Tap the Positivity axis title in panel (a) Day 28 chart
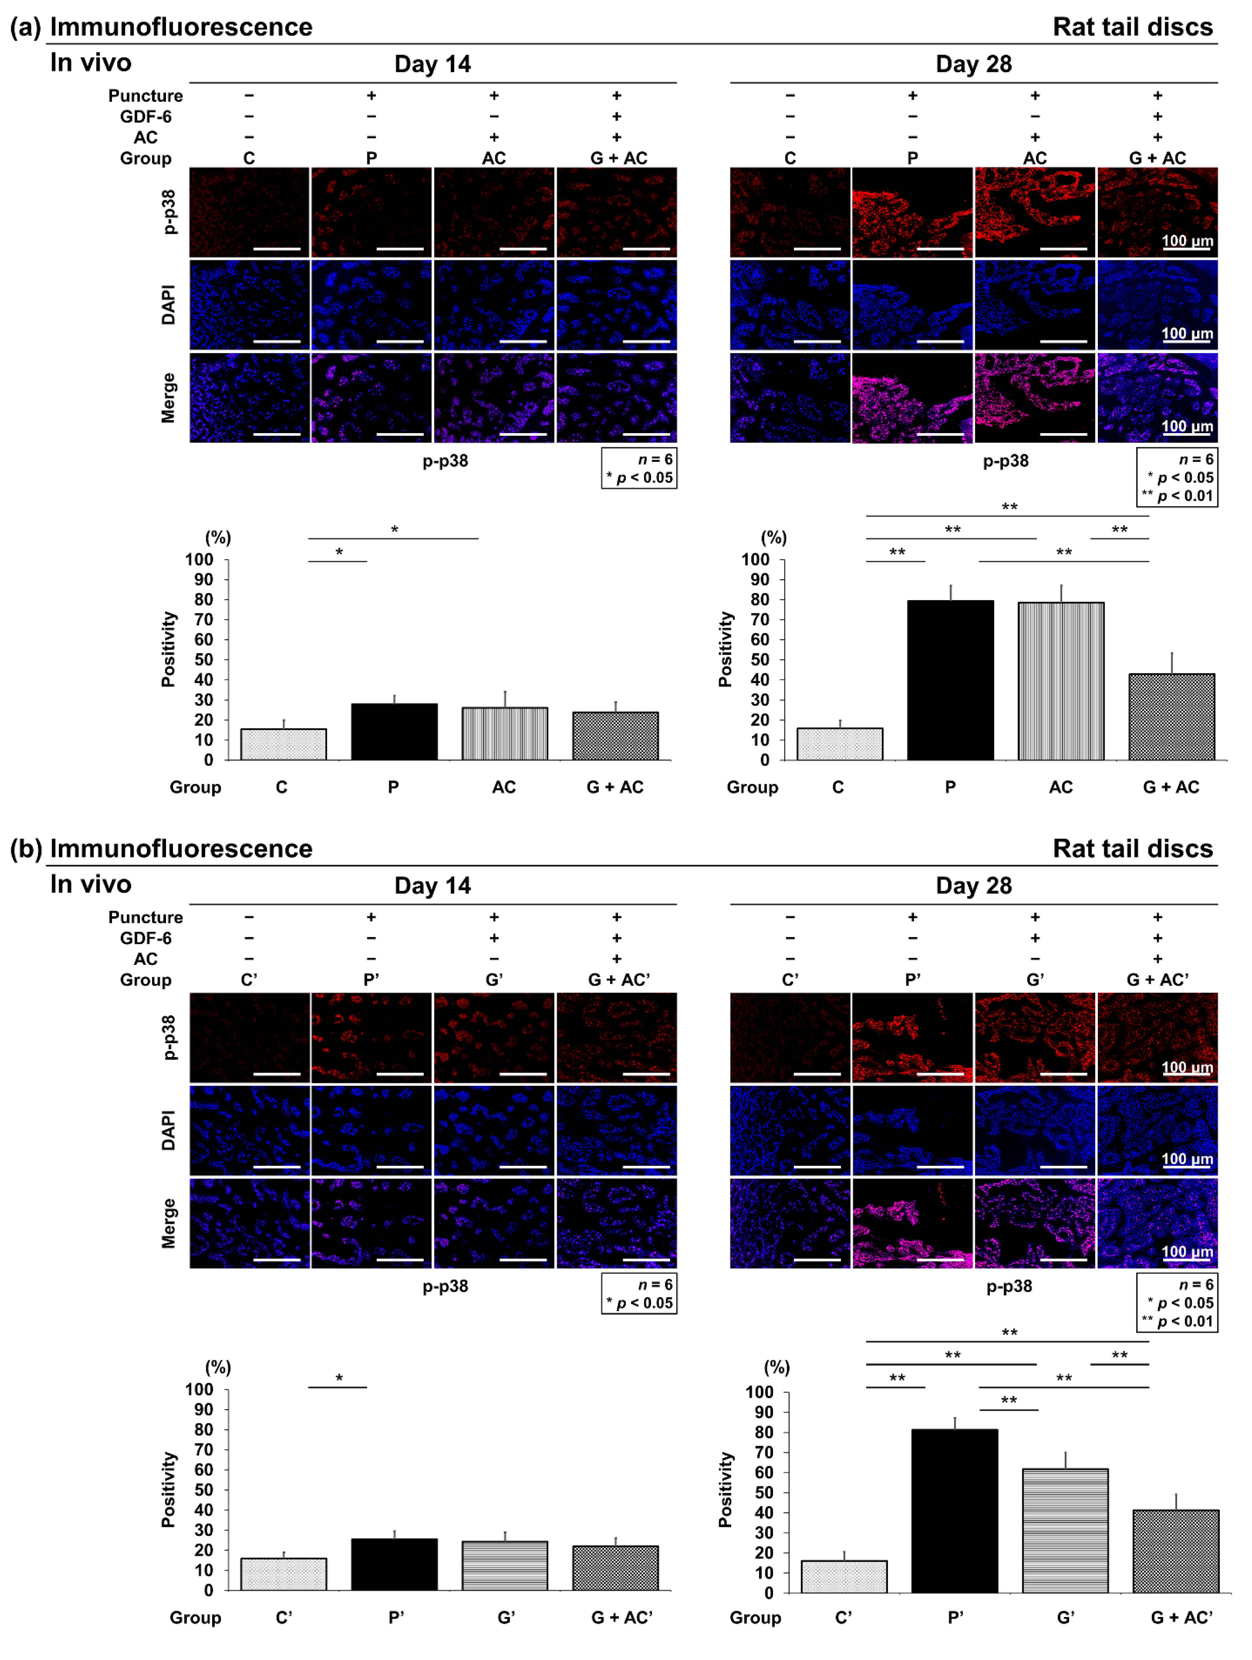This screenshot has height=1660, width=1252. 724,649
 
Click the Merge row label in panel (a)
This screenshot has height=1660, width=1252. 168,398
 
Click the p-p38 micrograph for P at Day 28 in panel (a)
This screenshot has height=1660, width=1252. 912,212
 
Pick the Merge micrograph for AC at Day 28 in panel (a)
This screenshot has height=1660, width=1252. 1034,398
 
